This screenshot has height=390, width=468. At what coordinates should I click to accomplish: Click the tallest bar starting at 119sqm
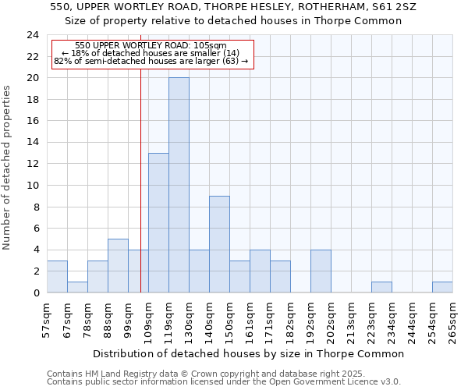click(x=179, y=185)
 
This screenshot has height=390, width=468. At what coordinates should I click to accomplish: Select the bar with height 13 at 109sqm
click(x=158, y=222)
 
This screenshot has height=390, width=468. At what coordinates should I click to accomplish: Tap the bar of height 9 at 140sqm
click(x=219, y=244)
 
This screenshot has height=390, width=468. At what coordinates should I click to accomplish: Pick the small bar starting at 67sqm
click(x=77, y=287)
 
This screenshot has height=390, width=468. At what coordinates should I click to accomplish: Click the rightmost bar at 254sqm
click(x=442, y=287)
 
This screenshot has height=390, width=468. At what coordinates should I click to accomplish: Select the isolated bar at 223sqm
click(x=381, y=287)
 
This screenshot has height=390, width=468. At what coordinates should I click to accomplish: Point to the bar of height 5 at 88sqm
click(x=118, y=265)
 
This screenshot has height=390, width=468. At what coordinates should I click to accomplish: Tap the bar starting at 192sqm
click(x=321, y=271)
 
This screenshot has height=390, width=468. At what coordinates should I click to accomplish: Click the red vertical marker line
click(x=140, y=195)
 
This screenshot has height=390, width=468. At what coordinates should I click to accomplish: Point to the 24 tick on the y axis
click(x=34, y=35)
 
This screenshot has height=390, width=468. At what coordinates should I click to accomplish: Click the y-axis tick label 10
click(x=34, y=186)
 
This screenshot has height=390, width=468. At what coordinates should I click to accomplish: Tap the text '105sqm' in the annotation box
click(x=210, y=45)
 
